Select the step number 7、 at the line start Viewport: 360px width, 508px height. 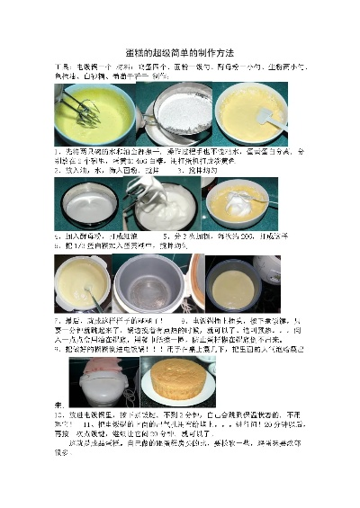coord(59,319)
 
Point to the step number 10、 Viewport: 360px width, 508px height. coord(61,420)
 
